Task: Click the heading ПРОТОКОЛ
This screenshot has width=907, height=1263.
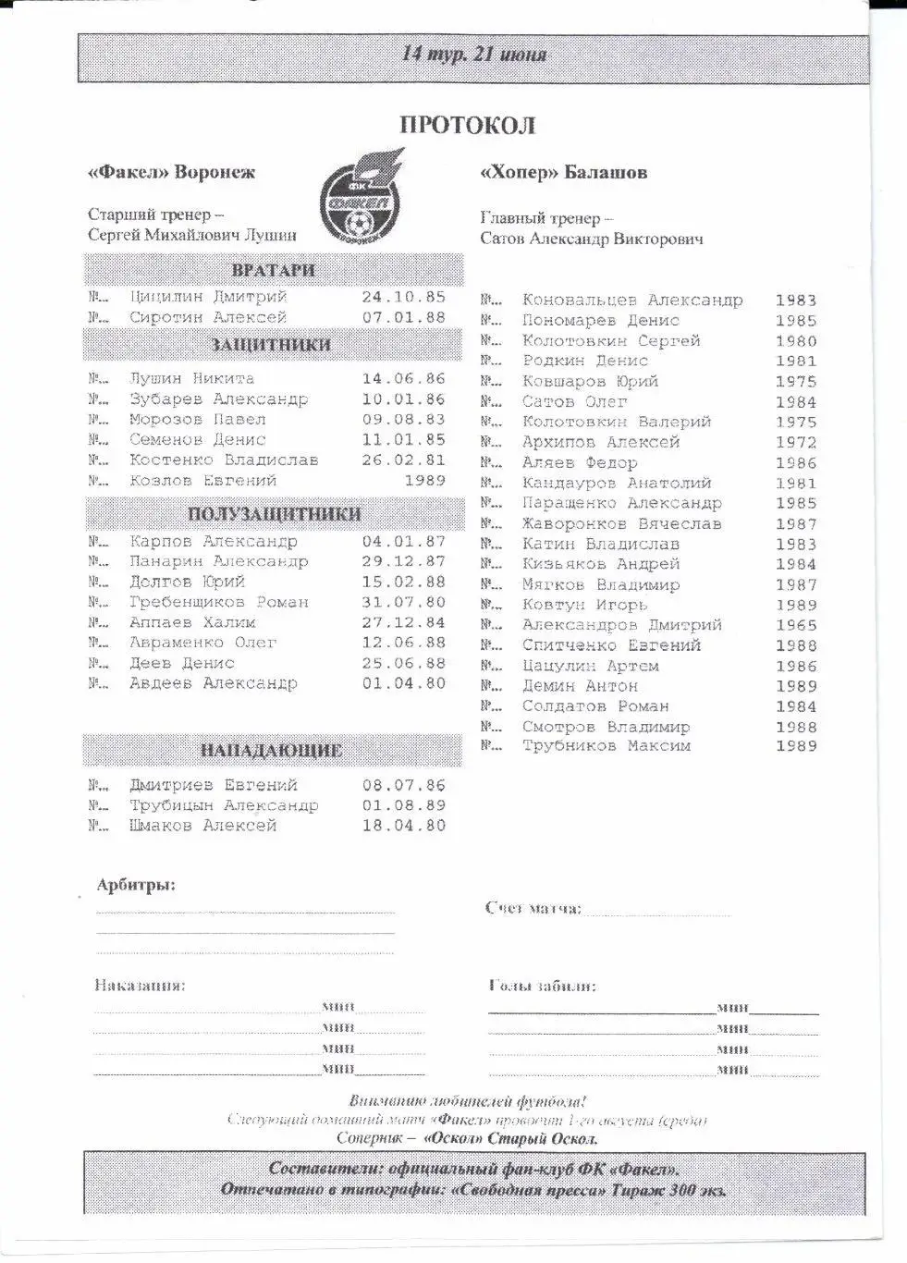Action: point(467,126)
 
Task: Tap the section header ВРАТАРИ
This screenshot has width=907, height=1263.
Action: point(273,271)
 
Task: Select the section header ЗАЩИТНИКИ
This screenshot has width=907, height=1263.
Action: point(271,345)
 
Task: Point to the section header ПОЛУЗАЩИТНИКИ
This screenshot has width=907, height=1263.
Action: point(274,514)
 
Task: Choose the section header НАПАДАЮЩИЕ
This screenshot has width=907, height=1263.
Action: point(271,751)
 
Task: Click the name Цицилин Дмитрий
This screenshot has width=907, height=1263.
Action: point(208,297)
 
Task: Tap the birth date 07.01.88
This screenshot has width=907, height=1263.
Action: point(403,317)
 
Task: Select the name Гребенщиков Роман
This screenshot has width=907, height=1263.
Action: point(219,602)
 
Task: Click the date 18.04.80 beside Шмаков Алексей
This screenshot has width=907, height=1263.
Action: point(403,826)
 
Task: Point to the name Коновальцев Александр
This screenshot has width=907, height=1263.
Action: point(631,300)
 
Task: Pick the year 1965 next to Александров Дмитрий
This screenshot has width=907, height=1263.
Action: point(796,625)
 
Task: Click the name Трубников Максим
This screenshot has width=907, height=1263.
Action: point(606,745)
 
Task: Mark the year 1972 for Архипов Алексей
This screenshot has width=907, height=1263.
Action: point(796,442)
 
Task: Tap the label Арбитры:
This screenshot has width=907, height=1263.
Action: point(136,885)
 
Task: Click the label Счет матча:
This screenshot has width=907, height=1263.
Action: point(533,908)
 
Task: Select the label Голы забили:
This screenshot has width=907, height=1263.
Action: point(542,986)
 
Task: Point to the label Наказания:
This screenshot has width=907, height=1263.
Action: point(140,985)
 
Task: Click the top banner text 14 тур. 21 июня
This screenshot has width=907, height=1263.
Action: point(473,55)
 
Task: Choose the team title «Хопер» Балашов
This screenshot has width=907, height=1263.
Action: point(563,173)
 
